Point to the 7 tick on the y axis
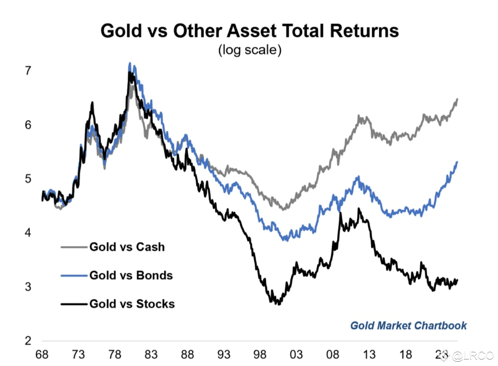[x=29, y=71]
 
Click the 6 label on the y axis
[x=29, y=125]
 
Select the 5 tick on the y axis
[x=29, y=179]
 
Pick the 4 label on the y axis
[x=29, y=233]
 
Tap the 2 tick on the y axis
[x=29, y=340]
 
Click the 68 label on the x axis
[x=42, y=356]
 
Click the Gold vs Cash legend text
[x=127, y=247]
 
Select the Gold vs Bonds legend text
[x=131, y=275]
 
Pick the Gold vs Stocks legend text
[x=132, y=304]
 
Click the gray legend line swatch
[x=74, y=247]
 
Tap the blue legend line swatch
[x=74, y=275]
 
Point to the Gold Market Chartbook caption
[x=408, y=325]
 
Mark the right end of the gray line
[x=457, y=99]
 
